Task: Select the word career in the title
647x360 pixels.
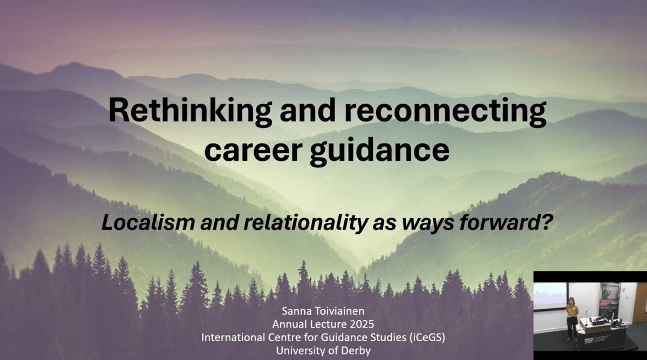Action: pyautogui.click(x=254, y=150)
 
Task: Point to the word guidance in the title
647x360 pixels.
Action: pyautogui.click(x=379, y=150)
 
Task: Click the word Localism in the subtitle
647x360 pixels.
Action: pyautogui.click(x=148, y=222)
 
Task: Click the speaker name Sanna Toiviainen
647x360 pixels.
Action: pyautogui.click(x=323, y=311)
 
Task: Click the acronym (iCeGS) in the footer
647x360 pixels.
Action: pyautogui.click(x=427, y=337)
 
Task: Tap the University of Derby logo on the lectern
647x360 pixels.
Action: pyautogui.click(x=597, y=339)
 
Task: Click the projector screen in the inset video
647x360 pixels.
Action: pyautogui.click(x=550, y=296)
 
